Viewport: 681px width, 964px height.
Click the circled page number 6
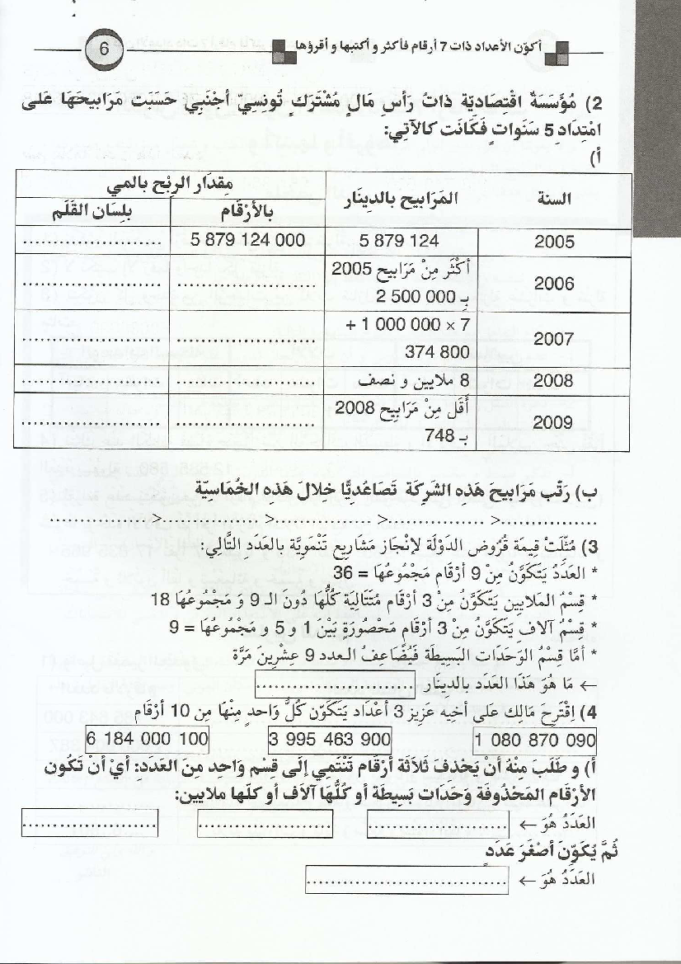pos(104,49)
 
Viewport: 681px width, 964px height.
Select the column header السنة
pos(566,198)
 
